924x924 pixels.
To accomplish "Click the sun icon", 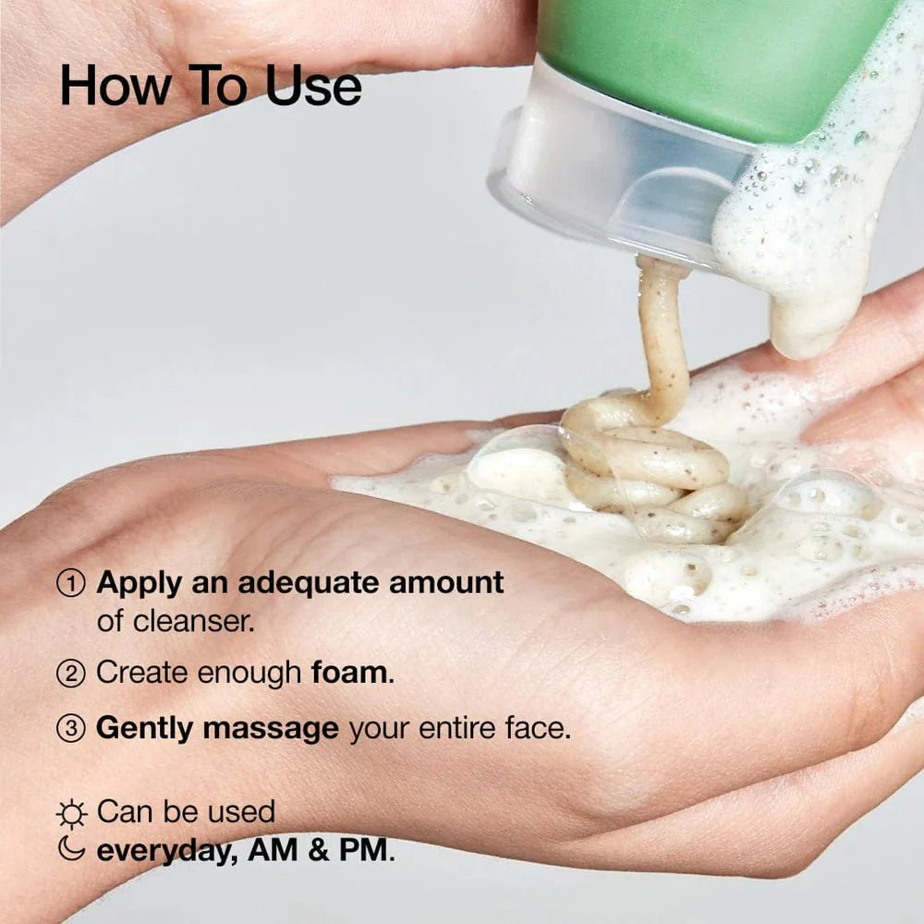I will [x=71, y=813].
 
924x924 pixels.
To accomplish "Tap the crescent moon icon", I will [x=71, y=849].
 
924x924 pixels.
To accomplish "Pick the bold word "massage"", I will [x=271, y=729].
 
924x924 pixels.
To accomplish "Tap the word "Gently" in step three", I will [x=145, y=729].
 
